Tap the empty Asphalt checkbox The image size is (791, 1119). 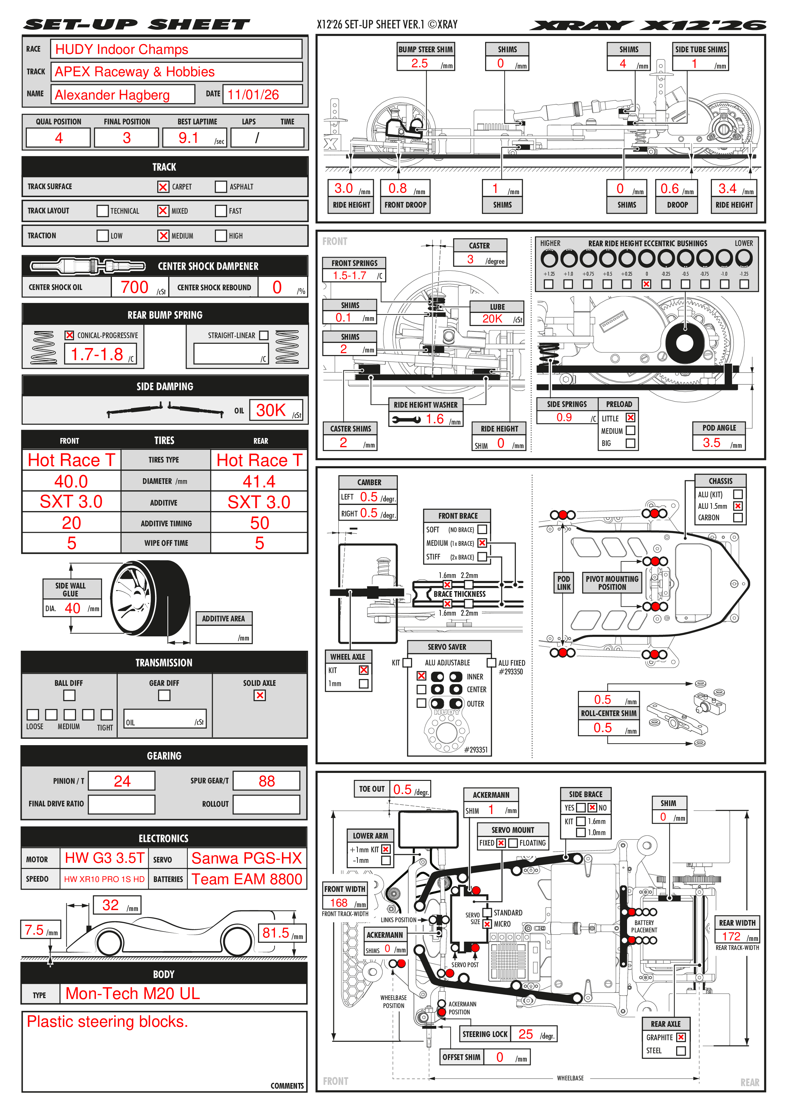click(x=221, y=187)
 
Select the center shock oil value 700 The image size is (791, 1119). click(x=135, y=287)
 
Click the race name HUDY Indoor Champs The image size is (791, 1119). click(x=122, y=49)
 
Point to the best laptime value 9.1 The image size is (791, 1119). click(x=188, y=138)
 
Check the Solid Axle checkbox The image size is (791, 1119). click(x=260, y=695)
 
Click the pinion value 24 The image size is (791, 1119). click(x=122, y=781)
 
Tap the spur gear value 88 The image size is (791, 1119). click(x=267, y=781)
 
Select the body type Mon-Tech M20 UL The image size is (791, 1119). click(x=133, y=993)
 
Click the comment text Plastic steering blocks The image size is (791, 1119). click(x=107, y=1021)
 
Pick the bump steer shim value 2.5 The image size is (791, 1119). click(x=419, y=63)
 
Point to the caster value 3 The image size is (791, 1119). click(x=470, y=259)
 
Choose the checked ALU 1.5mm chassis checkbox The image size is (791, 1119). click(x=738, y=506)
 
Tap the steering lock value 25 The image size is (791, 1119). click(x=525, y=1034)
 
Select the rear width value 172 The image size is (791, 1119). click(x=731, y=936)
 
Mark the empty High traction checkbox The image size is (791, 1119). click(x=221, y=236)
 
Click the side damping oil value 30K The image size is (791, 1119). click(x=271, y=410)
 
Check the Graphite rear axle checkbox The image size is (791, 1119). click(x=681, y=1037)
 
